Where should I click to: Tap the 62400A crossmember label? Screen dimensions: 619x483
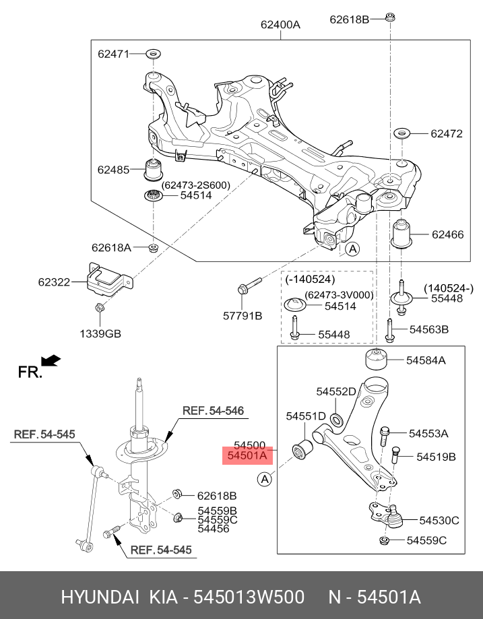pyautogui.click(x=280, y=25)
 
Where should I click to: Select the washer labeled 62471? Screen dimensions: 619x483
pyautogui.click(x=154, y=53)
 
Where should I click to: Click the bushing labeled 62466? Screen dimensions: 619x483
pyautogui.click(x=402, y=234)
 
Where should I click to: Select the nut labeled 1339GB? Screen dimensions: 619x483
pyautogui.click(x=99, y=309)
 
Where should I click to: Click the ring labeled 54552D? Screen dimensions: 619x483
pyautogui.click(x=337, y=420)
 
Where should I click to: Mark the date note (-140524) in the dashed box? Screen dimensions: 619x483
pyautogui.click(x=310, y=279)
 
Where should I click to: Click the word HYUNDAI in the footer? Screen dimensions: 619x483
pyautogui.click(x=100, y=597)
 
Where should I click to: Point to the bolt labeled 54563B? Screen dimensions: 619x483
pyautogui.click(x=389, y=329)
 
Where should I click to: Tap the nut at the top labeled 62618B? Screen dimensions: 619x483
pyautogui.click(x=390, y=18)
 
